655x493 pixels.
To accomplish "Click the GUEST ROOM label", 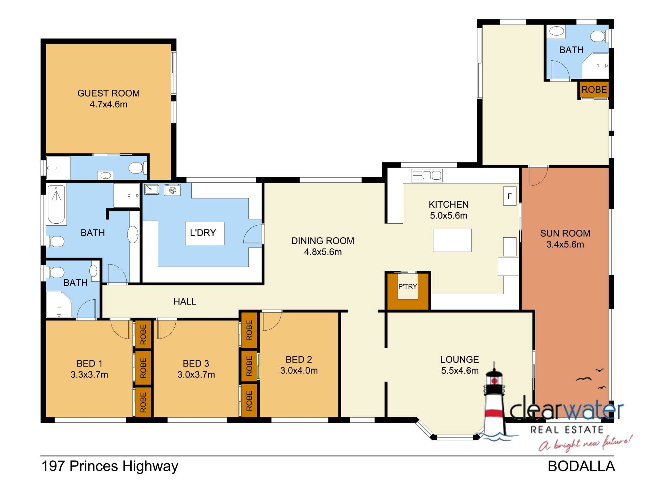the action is (108, 93).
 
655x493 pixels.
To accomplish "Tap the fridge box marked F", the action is (510, 196).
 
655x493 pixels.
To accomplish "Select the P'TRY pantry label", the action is (408, 286).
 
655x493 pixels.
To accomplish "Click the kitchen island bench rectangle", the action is (452, 240).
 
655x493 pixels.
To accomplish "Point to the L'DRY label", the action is (203, 233).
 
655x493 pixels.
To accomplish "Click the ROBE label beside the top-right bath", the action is (594, 90).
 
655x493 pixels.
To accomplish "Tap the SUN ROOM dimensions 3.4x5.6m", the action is (565, 244).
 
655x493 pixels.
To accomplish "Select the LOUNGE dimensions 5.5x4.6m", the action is (460, 371).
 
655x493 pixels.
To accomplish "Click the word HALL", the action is (185, 301).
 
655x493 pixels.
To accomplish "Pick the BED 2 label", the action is (299, 359).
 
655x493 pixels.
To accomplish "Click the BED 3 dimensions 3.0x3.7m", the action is (196, 375).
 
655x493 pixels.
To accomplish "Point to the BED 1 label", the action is (89, 363).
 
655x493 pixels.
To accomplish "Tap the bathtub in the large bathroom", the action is (56, 204).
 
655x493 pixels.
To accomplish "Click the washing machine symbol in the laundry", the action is (172, 190).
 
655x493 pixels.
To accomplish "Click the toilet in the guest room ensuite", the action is (137, 168).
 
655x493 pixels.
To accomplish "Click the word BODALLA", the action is (581, 466).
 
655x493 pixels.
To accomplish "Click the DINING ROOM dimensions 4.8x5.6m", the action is (323, 252).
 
